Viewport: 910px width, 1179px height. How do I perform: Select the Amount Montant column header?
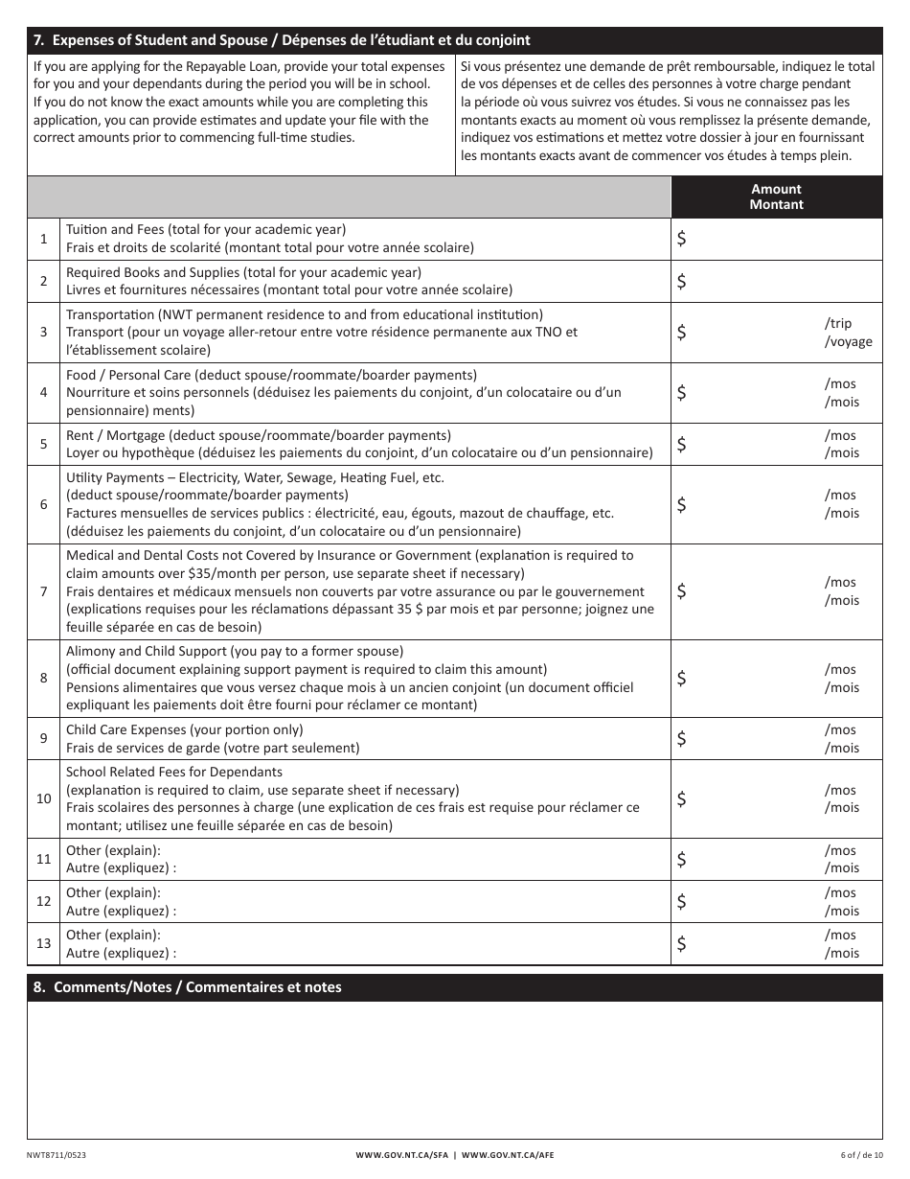776,196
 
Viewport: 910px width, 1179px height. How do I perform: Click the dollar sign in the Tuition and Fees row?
681,240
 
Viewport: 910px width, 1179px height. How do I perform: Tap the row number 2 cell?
43,281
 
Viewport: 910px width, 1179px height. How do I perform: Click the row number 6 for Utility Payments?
43,504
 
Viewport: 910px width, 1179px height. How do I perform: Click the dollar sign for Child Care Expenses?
681,738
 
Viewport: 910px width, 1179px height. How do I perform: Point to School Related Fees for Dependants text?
174,772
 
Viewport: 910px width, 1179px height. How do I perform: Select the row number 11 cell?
43,859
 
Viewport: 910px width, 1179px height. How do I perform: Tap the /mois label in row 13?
842,953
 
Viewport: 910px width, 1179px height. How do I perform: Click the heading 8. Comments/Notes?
188,987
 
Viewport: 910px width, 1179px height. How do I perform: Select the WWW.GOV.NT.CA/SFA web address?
400,1155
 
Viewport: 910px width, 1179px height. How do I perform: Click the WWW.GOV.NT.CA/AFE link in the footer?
508,1155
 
